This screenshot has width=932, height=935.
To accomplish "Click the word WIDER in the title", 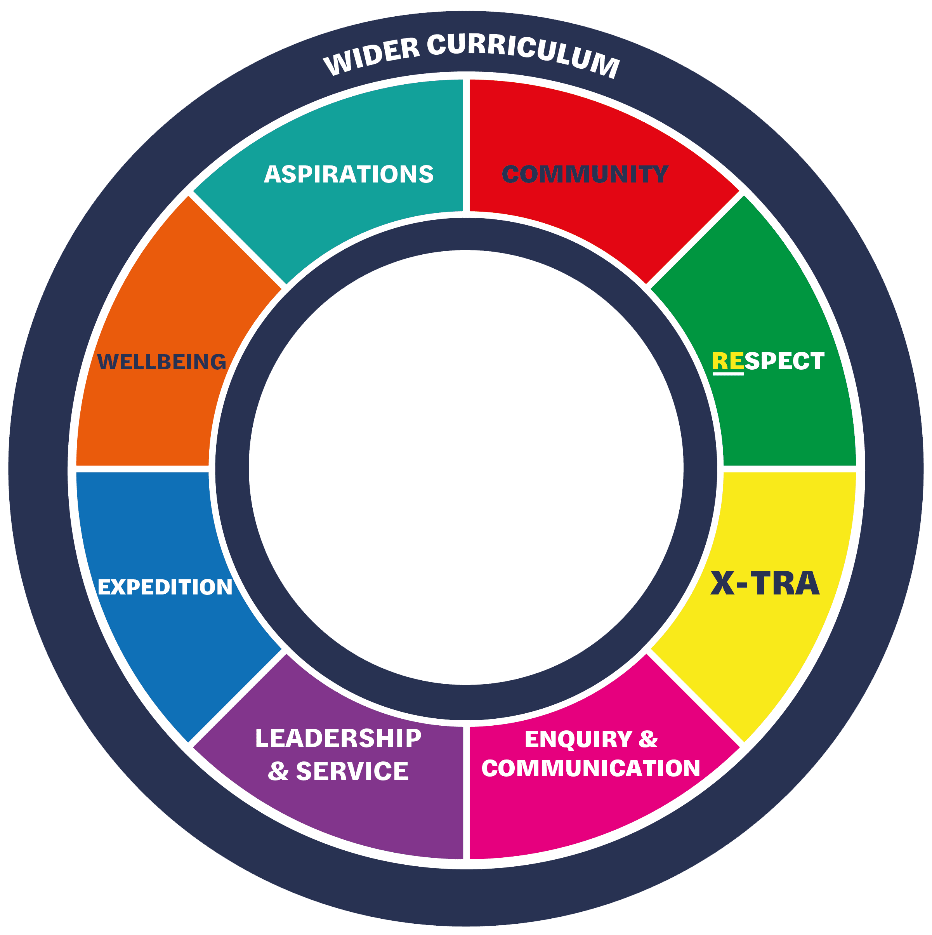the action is tap(371, 55).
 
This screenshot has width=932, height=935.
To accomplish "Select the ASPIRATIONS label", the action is tap(349, 174).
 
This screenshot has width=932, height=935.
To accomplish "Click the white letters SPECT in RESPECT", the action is tap(784, 361).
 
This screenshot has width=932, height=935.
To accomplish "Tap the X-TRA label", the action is tap(765, 583).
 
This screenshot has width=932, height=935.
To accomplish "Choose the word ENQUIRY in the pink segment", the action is tap(579, 739).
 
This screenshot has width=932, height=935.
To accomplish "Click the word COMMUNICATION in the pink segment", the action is tap(590, 768).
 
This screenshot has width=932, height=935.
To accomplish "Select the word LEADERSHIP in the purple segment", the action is tap(338, 739).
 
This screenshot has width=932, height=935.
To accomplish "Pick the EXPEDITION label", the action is tap(165, 587).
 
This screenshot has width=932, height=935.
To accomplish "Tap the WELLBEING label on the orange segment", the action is tap(161, 362).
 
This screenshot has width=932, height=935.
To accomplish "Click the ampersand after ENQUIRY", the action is tap(648, 739).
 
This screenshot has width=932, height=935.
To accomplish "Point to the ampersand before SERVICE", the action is tap(278, 771).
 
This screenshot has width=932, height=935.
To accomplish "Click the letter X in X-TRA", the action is tap(723, 583).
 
